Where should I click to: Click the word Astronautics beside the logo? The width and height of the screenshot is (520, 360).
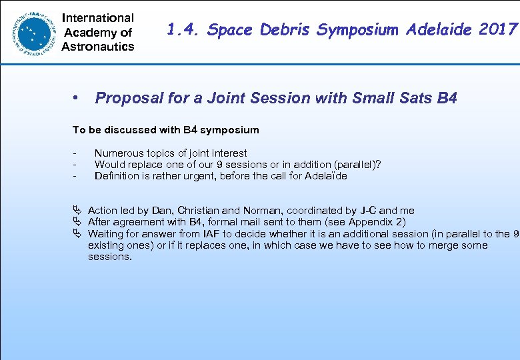click(98, 47)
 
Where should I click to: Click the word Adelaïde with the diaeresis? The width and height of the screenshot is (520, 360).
click(326, 176)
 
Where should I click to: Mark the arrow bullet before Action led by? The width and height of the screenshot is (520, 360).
click(77, 211)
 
